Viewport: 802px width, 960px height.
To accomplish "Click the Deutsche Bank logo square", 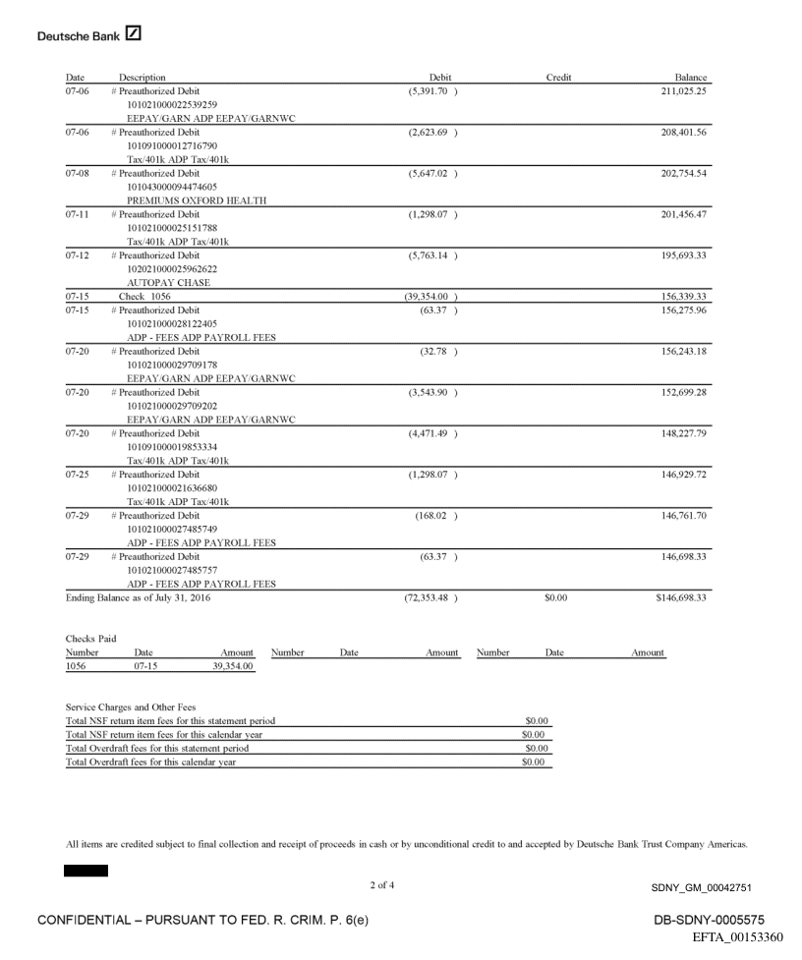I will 134,35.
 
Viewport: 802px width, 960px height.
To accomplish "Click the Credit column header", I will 558,78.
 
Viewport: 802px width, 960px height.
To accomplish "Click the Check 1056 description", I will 145,296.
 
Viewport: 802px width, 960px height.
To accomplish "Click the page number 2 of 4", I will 384,887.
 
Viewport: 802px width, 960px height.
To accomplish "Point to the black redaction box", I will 86,871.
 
